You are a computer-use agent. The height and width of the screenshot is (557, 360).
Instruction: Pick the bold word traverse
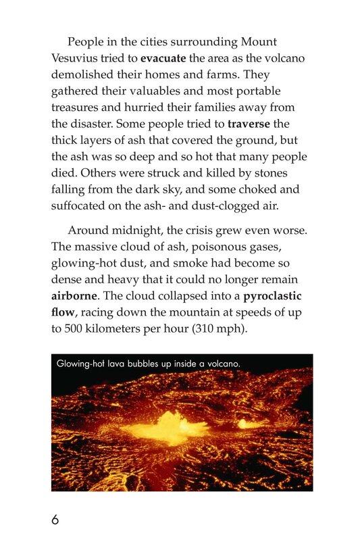pyautogui.click(x=253, y=124)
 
